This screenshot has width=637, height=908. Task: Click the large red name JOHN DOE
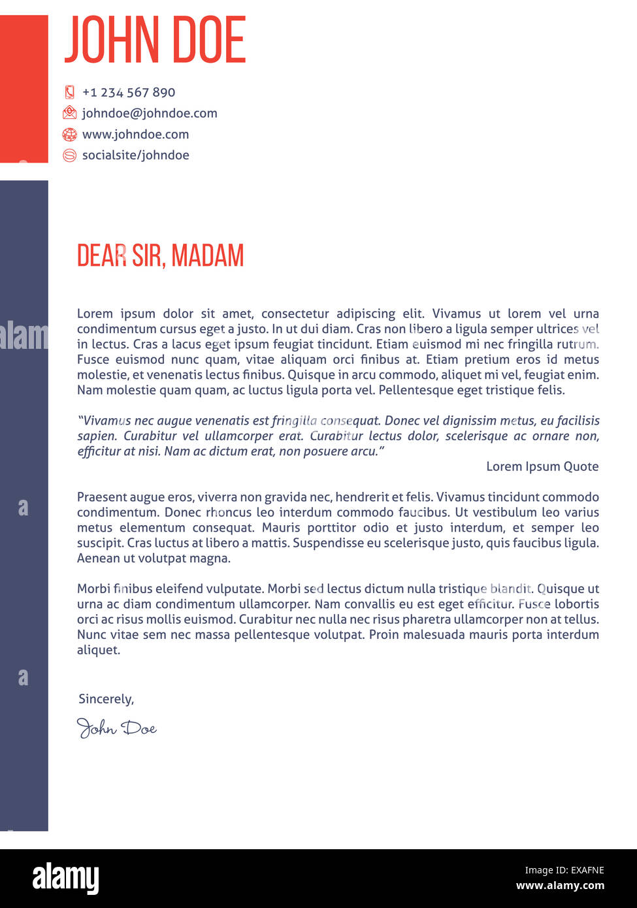tap(155, 40)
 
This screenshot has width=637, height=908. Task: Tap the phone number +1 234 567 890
tap(129, 92)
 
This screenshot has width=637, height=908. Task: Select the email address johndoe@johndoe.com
tap(150, 113)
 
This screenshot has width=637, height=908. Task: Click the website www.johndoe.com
tap(135, 134)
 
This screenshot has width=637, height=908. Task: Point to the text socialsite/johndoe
tap(135, 155)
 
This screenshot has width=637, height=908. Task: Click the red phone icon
tap(69, 92)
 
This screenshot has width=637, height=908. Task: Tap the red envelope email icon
tap(69, 113)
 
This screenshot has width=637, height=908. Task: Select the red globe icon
tap(69, 135)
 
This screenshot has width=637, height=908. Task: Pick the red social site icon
tap(69, 155)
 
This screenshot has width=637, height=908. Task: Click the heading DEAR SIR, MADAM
tap(160, 255)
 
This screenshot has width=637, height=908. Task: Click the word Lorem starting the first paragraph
tap(95, 314)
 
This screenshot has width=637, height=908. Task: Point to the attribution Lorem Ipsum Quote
tap(542, 466)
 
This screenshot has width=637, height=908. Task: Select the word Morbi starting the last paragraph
tap(93, 589)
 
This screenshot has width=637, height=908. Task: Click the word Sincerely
tap(106, 699)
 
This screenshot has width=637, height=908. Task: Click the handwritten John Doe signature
tap(116, 728)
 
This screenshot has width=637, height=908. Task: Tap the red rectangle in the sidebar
tap(24, 88)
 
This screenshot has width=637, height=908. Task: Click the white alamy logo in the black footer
tap(66, 878)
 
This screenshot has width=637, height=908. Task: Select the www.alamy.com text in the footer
tap(560, 886)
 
